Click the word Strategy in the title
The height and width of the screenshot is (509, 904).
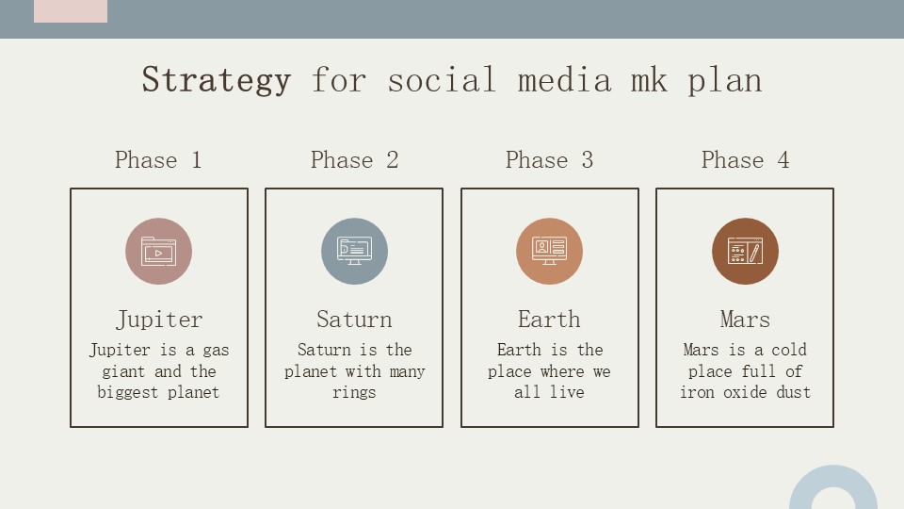click(217, 80)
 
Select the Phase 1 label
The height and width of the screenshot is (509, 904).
click(158, 160)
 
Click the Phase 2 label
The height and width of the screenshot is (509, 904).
click(354, 160)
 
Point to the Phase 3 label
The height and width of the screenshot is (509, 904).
click(549, 160)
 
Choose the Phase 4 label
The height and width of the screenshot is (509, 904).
click(745, 160)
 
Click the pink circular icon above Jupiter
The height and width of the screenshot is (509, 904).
click(158, 252)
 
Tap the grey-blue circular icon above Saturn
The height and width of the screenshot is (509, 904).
click(354, 252)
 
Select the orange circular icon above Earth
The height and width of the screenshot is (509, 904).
click(549, 252)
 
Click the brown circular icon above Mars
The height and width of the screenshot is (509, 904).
click(745, 252)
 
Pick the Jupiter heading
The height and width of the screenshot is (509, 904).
click(158, 320)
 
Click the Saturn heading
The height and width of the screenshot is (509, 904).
click(354, 320)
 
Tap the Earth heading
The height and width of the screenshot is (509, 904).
click(549, 320)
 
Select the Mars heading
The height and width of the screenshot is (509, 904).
click(745, 320)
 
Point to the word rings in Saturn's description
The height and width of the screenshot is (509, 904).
click(354, 393)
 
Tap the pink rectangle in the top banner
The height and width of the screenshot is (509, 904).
click(71, 11)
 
